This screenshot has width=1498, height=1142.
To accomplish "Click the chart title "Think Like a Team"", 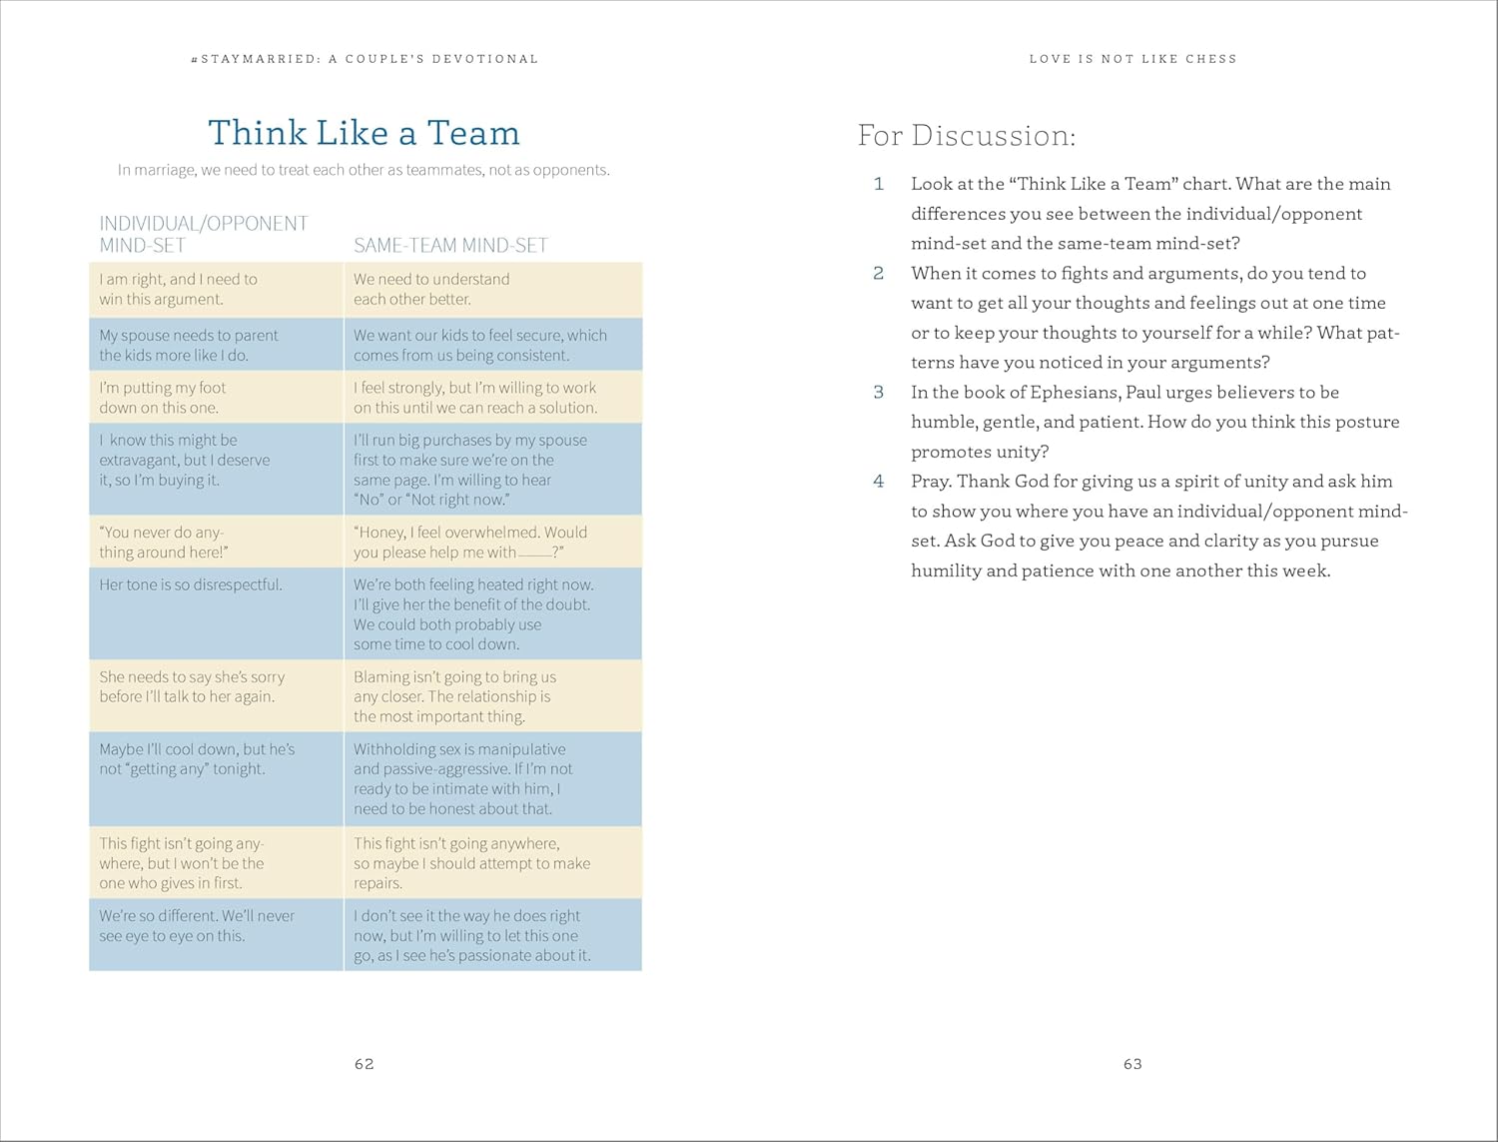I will (x=364, y=133).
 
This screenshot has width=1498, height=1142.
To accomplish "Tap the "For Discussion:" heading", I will (x=966, y=136).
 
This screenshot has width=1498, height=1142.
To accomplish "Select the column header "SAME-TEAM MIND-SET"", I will (x=450, y=245).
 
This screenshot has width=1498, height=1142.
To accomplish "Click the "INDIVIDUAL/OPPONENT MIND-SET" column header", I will (x=203, y=234).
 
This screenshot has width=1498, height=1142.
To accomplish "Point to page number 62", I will (x=365, y=1064).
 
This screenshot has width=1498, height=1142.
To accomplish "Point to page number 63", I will (x=1132, y=1064).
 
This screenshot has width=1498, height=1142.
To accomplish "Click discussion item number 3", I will (x=879, y=392).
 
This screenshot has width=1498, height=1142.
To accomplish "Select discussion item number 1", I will (x=879, y=184).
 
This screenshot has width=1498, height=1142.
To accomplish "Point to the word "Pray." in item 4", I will (x=931, y=482).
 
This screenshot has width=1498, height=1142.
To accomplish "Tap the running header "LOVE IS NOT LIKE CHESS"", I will (x=1132, y=59).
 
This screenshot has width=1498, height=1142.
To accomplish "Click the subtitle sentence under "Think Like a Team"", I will (x=364, y=170).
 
